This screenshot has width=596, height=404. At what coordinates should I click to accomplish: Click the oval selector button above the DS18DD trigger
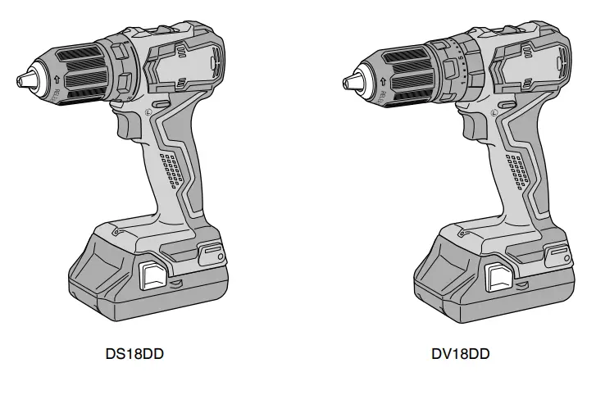coord(160,105)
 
